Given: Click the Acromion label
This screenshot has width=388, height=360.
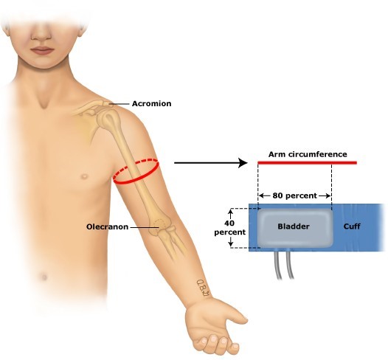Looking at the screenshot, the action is [151, 103].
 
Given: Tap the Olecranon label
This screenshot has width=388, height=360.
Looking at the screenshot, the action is [107, 226].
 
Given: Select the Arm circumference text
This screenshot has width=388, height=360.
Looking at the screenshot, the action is [308, 154].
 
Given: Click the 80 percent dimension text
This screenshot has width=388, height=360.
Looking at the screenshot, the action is [294, 195].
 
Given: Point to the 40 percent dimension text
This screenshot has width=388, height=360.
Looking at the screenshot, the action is [230, 228].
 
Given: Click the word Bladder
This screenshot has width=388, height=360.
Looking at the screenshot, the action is [294, 226].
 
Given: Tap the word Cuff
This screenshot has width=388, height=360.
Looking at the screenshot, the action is [352, 226].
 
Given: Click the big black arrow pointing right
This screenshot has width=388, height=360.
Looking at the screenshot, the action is [211, 163].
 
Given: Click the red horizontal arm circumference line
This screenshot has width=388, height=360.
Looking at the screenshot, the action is [308, 162].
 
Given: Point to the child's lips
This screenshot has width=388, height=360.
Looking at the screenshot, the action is [42, 50].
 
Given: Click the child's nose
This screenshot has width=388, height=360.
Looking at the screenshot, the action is [41, 34].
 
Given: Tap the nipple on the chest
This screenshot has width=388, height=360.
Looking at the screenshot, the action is [85, 176].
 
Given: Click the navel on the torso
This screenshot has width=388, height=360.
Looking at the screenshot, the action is [44, 277].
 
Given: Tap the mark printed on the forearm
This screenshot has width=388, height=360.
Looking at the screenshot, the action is [204, 288].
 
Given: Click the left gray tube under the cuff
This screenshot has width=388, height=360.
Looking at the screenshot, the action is [277, 265].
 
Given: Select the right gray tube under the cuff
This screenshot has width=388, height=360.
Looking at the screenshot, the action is [290, 265].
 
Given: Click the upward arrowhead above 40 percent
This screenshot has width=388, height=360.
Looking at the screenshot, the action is [231, 211].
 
